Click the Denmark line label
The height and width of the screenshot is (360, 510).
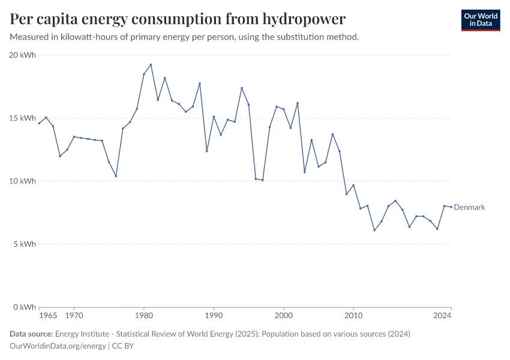point(469,208)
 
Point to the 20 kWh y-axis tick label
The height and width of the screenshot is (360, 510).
point(23,55)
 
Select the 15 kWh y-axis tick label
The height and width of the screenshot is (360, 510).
point(23,118)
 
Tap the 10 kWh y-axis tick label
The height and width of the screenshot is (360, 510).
point(23,181)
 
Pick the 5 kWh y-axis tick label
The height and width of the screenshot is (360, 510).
point(25,244)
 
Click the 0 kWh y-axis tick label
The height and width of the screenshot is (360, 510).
point(25,307)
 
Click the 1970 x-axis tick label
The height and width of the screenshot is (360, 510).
point(74,315)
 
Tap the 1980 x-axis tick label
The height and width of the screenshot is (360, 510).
point(144,315)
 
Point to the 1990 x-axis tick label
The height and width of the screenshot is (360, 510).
point(214,315)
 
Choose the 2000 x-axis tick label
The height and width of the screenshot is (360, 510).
point(284,315)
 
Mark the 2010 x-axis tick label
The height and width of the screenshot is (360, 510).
point(353,315)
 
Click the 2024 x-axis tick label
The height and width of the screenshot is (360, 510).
point(442,315)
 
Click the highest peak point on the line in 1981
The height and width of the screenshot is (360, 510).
point(151,65)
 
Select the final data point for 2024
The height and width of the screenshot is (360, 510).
point(451,207)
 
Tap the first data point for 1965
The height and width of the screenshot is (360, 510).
point(39,123)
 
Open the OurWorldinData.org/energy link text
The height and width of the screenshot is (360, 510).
point(58,346)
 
